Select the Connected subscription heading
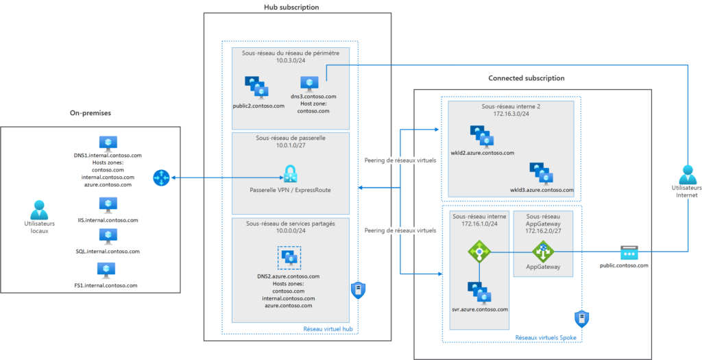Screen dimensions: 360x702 526,78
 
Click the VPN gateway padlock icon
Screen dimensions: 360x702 290,173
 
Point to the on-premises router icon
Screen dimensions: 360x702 161,178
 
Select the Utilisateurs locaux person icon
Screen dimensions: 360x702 38,209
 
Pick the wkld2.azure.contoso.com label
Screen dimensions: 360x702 482,153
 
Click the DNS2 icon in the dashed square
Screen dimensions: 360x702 289,259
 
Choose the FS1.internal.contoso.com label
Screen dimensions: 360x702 108,284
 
